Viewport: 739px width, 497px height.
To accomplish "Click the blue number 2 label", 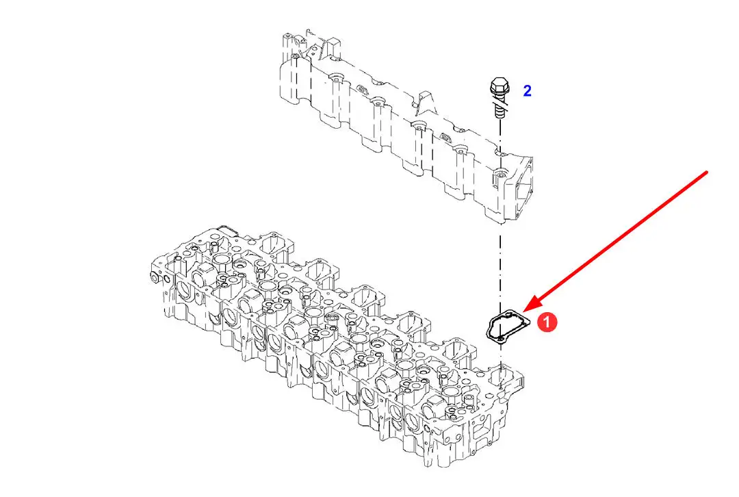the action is click(528, 91).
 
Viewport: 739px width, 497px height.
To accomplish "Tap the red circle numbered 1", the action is click(547, 322).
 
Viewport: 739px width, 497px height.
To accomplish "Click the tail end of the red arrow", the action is click(707, 172).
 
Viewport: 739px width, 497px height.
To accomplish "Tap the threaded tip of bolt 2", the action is click(500, 113).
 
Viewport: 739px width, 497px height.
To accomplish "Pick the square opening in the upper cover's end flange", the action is click(524, 189).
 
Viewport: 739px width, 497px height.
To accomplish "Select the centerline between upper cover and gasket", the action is click(500, 266).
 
